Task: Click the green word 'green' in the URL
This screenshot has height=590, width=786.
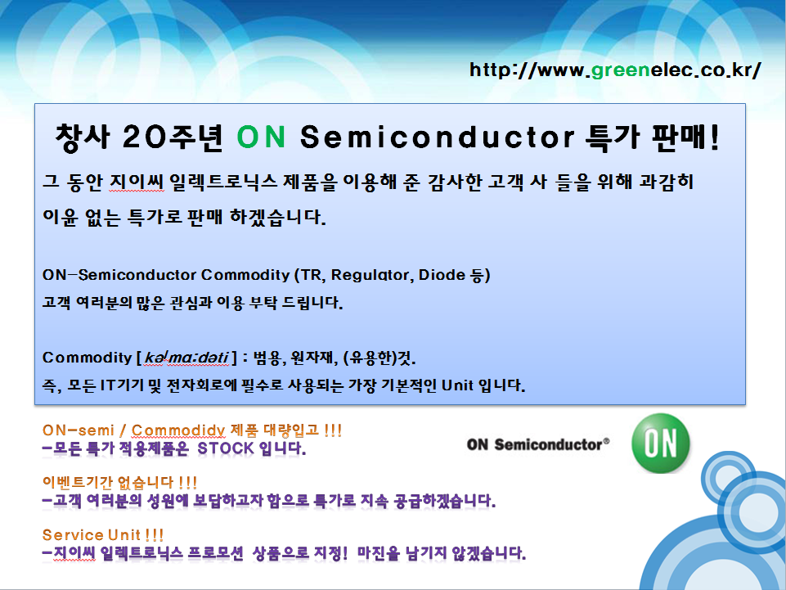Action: coord(621,70)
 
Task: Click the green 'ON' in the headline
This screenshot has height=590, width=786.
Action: coord(261,137)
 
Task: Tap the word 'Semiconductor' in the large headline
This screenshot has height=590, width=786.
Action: coord(437,137)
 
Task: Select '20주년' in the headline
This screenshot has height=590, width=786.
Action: coord(173,137)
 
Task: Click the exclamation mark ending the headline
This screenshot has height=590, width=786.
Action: coord(714,137)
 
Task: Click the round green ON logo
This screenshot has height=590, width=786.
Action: coord(660,443)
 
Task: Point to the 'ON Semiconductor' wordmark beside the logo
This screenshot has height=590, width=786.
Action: coord(538,444)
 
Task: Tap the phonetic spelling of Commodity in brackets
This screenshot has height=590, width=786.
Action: coord(186,358)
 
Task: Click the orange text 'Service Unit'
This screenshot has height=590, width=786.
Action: coord(92,535)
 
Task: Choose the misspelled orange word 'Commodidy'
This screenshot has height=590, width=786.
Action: coord(178,430)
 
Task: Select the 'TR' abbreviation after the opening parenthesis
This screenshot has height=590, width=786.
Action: coord(315,275)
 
